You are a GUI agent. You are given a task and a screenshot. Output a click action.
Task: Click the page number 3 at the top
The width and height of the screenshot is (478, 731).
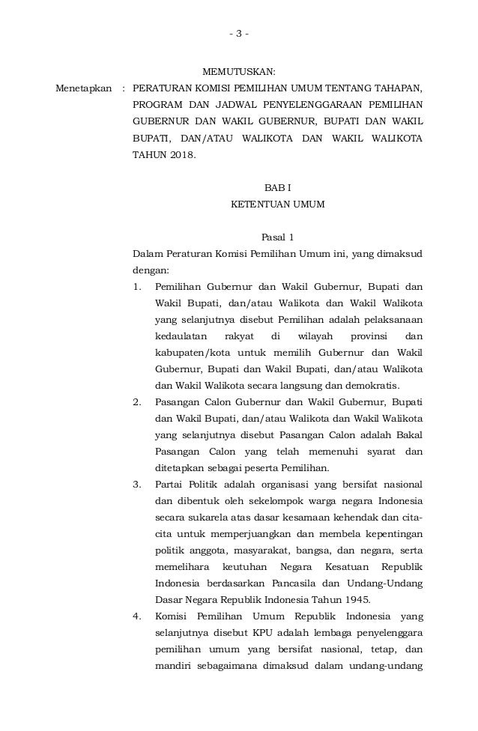tap(239, 34)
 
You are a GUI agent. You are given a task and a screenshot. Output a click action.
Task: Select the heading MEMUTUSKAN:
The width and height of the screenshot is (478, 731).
tap(240, 73)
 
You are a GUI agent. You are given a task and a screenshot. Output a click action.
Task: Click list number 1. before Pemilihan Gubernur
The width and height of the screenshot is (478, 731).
tap(136, 287)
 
